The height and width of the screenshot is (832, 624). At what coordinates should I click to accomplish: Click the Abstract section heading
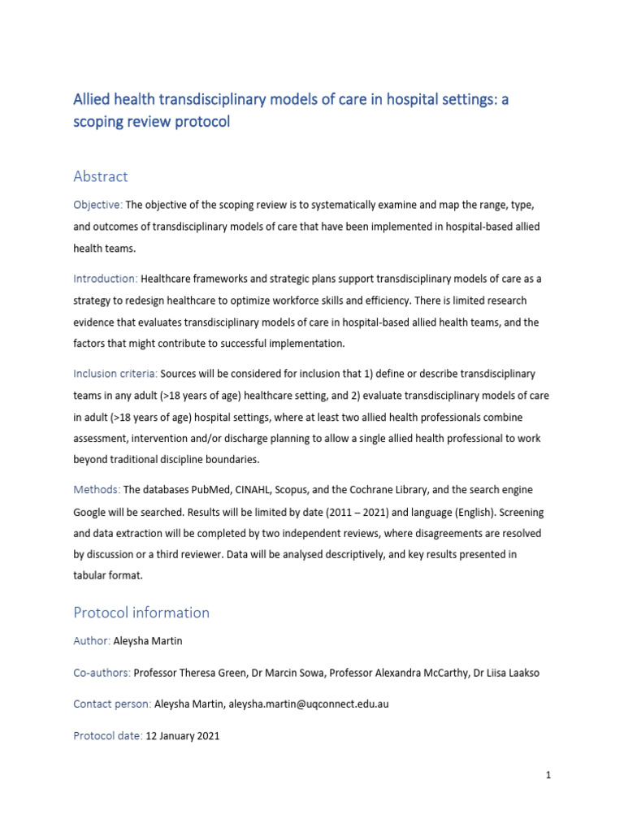point(101,176)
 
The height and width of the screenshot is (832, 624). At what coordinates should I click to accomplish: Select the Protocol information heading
point(141,612)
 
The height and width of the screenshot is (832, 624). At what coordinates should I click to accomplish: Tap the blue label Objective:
point(97,206)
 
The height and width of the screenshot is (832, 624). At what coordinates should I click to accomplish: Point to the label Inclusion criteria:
point(115,373)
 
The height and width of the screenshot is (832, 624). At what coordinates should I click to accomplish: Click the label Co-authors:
point(102,673)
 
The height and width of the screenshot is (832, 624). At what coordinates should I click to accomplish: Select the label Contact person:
point(112,704)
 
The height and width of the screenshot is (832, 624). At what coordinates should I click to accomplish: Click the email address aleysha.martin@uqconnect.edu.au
point(309,704)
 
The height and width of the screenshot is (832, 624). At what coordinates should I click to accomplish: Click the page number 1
point(548,775)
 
